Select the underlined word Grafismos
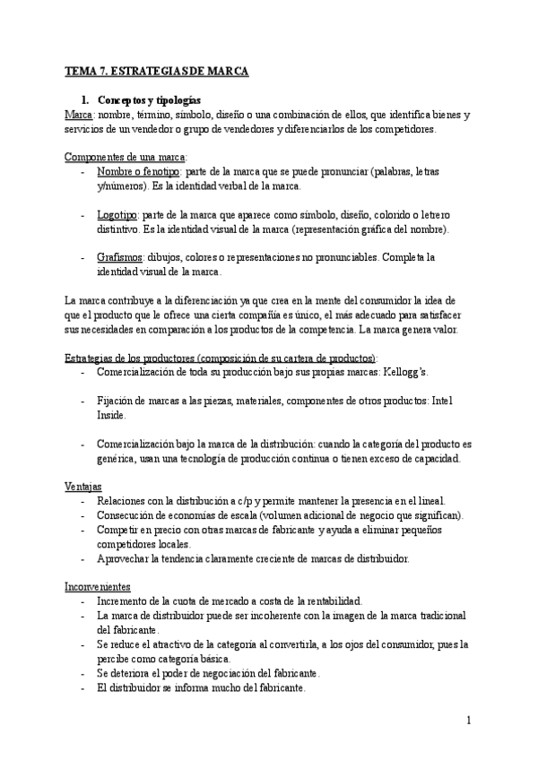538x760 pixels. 120,257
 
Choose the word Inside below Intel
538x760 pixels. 111,416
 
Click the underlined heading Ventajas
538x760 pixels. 83,486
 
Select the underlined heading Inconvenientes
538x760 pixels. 98,587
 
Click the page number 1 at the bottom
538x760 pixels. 469,720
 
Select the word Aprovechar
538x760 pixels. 126,558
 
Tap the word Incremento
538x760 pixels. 126,601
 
